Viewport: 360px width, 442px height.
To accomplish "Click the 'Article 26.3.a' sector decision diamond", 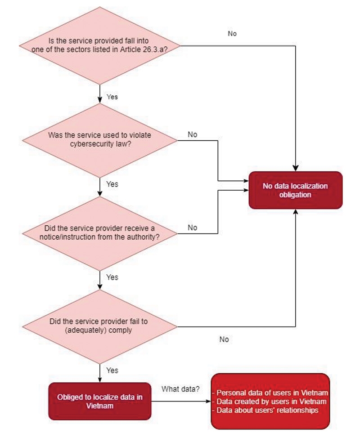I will [100, 45].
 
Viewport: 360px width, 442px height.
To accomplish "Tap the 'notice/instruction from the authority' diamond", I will [100, 233].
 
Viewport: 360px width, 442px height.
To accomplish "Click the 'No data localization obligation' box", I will [295, 190].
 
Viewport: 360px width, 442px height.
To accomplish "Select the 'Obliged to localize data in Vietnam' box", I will [100, 401].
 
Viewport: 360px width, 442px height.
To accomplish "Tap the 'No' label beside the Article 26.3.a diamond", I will [232, 34].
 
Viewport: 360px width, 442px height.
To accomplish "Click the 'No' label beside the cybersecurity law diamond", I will [192, 134].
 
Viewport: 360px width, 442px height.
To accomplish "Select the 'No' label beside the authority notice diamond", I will [192, 228].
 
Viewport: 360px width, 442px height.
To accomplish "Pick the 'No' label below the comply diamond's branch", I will [224, 339].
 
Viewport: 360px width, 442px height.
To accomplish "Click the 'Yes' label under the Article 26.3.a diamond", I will [112, 97].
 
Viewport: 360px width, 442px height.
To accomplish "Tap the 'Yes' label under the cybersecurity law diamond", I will [112, 184].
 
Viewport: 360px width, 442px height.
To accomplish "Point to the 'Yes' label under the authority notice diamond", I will [112, 277].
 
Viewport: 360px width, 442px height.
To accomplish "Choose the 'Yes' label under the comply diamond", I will [112, 370].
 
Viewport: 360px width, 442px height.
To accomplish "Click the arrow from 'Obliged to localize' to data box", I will [180, 401].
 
